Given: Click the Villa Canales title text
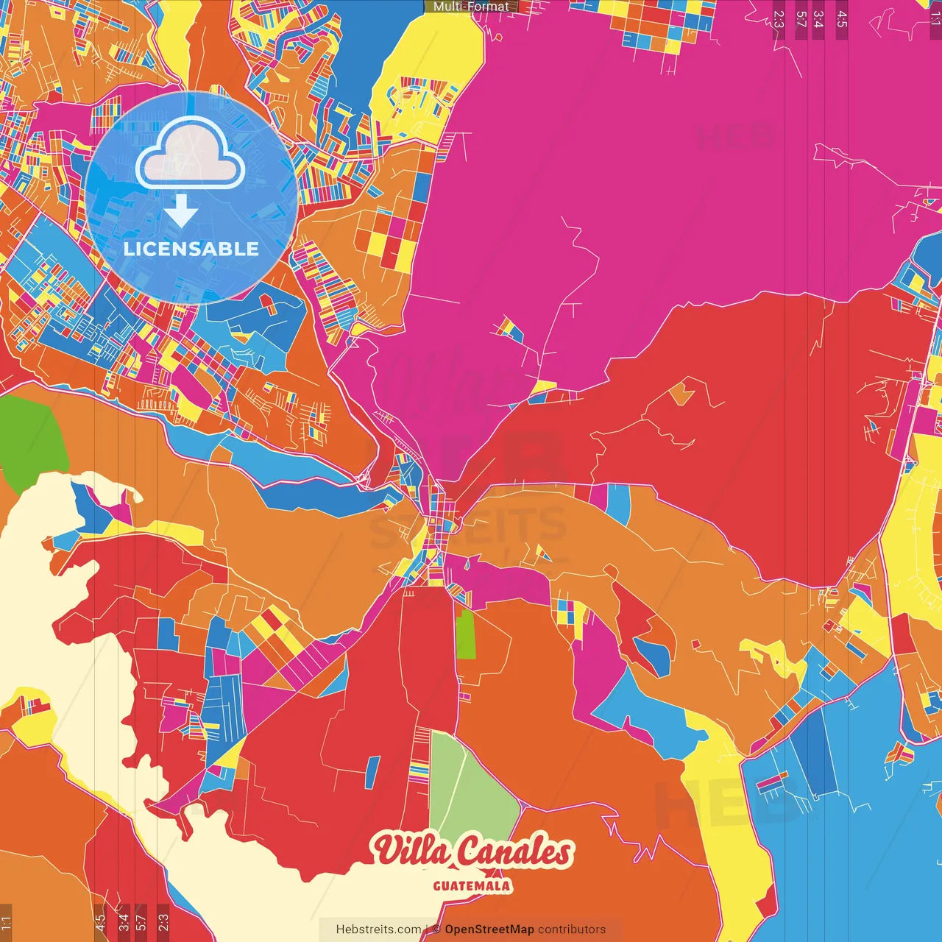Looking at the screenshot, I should click(472, 851).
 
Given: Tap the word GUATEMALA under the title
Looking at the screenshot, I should click(472, 885).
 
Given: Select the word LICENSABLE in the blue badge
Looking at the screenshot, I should click(191, 249).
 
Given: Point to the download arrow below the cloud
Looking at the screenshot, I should click(181, 210).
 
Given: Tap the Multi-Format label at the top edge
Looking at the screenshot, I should click(471, 7).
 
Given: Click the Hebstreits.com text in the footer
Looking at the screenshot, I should click(378, 929).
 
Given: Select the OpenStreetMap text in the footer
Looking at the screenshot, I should click(489, 929).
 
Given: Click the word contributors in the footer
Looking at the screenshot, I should click(572, 929).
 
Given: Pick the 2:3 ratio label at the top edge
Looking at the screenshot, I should click(779, 19).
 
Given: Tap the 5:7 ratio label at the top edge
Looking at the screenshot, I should click(801, 19).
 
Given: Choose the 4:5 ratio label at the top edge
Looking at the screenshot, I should click(842, 19).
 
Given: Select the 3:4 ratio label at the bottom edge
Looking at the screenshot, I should click(123, 922).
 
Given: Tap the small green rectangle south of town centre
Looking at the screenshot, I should click(465, 634).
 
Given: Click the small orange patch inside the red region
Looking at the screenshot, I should click(682, 393).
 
